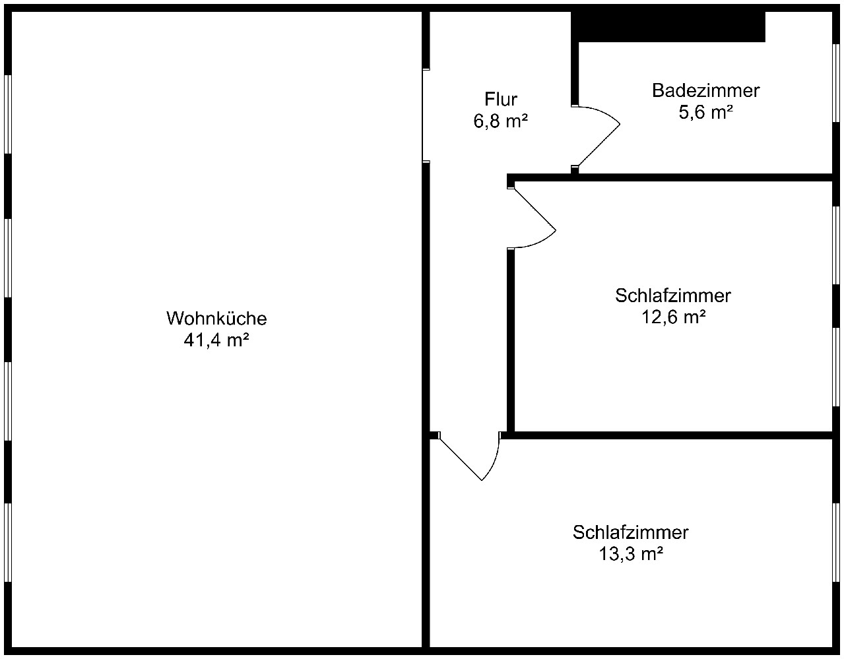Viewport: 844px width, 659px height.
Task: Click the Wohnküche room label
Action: [x=216, y=318]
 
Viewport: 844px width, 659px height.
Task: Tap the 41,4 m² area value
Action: [x=216, y=340]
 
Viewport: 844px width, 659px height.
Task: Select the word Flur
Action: [x=501, y=100]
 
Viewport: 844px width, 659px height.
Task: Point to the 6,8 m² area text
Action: [x=501, y=121]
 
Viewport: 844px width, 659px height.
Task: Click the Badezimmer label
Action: [x=705, y=90]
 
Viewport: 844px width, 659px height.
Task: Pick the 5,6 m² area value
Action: [x=705, y=112]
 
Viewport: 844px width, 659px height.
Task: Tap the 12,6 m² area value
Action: [x=673, y=317]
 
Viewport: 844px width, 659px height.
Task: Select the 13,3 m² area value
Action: [x=631, y=553]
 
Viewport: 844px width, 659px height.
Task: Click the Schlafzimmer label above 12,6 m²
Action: [x=673, y=296]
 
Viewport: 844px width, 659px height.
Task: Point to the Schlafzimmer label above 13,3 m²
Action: [x=631, y=532]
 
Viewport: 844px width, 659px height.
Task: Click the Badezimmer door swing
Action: [x=597, y=135]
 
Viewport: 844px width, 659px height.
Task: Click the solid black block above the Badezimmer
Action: [x=668, y=26]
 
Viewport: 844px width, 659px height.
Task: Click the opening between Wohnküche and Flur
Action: [x=426, y=115]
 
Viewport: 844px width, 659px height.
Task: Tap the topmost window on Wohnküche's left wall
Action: [x=8, y=113]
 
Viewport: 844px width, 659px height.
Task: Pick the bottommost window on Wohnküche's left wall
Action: [x=8, y=542]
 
